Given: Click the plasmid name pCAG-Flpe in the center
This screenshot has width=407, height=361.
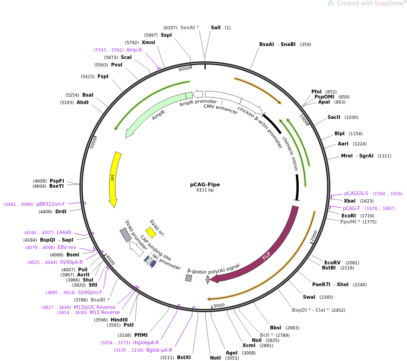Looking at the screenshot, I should click(x=205, y=184).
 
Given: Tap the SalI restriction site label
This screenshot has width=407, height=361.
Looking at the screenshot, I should click(x=216, y=28).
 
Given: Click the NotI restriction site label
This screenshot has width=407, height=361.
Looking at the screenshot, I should click(x=215, y=358).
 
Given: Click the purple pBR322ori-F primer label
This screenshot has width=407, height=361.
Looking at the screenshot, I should click(x=51, y=204).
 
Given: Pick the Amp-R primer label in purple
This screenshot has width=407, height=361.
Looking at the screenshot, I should click(x=134, y=50).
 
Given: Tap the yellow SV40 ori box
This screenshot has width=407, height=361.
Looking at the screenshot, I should click(x=151, y=232).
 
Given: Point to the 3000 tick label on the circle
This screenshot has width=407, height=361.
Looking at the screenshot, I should click(x=218, y=305).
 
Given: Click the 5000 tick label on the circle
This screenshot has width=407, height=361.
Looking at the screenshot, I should click(x=93, y=142).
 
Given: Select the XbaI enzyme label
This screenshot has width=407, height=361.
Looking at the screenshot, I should click(x=349, y=201).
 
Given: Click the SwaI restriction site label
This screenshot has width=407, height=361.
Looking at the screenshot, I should click(x=309, y=297).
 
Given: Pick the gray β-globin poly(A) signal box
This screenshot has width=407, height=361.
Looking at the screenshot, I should click(x=188, y=278).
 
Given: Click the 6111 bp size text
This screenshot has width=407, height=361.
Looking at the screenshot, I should click(x=205, y=190).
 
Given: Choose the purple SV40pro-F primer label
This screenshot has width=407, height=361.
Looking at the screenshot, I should click(x=90, y=292).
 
